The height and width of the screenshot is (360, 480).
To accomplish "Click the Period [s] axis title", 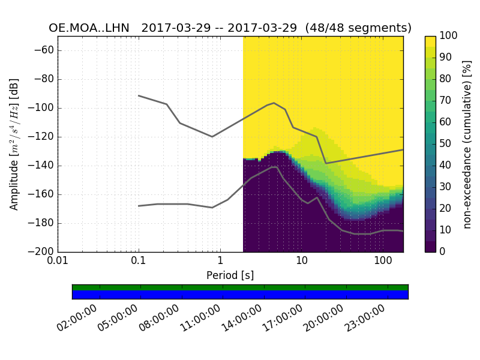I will [x=230, y=275].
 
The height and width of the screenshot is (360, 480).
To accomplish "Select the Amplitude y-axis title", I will [x=14, y=144].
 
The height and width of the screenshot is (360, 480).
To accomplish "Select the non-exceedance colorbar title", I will [x=468, y=144].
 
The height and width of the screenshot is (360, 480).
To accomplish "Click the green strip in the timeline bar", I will [x=240, y=287].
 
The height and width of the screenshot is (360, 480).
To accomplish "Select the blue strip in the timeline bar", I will [x=240, y=295].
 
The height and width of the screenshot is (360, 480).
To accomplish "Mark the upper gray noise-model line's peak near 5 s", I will [x=274, y=103].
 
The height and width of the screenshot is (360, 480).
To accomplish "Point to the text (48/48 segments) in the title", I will [x=358, y=28].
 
